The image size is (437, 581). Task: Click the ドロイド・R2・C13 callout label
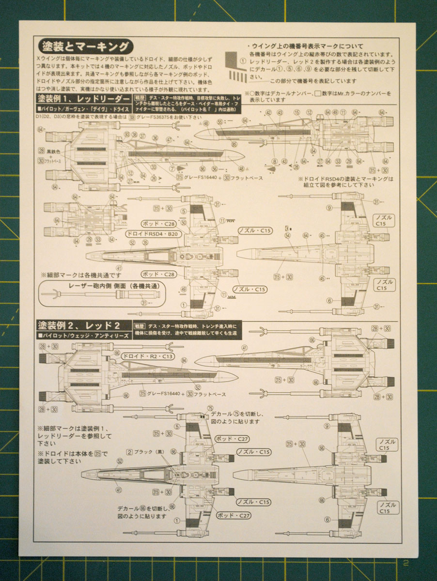click(147, 356)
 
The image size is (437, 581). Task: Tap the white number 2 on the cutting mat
click(406, 563)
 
